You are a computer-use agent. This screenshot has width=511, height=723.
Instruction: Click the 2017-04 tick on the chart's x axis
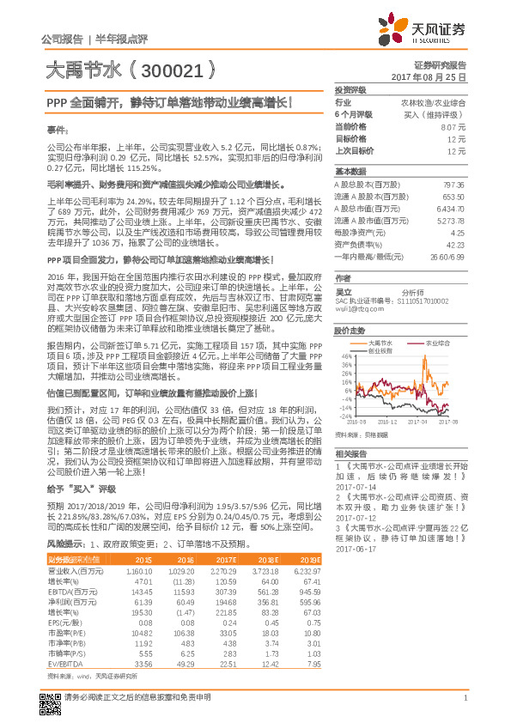417,422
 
